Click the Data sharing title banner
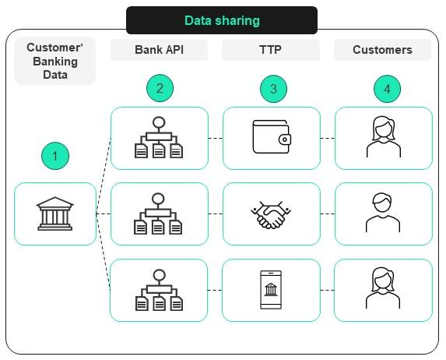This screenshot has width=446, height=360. pos(222,20)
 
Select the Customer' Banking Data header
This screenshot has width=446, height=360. pos(54,61)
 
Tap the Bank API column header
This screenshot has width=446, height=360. pos(159,50)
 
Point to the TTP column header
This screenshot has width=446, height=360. pos(271,50)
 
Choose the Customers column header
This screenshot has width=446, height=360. pos(382,50)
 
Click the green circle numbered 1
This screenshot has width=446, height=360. pos(54,156)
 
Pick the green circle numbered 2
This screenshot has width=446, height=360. pos(160,89)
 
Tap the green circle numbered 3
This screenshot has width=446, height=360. pos(272,89)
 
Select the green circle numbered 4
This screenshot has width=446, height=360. pos(387,89)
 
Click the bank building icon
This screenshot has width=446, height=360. pos(54,214)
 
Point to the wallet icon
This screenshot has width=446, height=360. pos(272,138)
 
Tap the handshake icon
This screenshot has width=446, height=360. pos(272,214)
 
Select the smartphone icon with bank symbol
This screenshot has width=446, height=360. pos(271,290)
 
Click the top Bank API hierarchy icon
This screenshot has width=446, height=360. pos(160,138)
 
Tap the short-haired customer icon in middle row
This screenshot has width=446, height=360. pos(383,213)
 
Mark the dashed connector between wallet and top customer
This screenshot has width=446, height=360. pos(328,138)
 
